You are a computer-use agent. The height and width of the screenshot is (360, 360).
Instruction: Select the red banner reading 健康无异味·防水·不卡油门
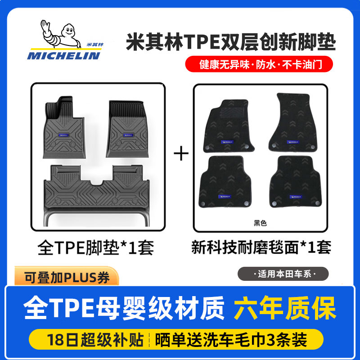tap(260, 64)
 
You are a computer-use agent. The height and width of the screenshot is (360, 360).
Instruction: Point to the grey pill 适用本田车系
tap(284, 274)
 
